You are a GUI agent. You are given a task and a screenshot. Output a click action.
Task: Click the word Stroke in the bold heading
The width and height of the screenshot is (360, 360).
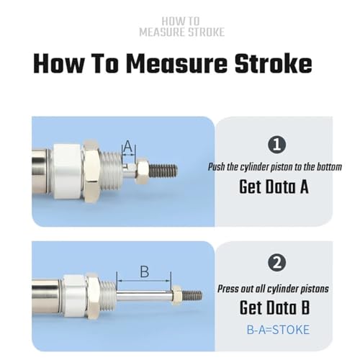pos(273,64)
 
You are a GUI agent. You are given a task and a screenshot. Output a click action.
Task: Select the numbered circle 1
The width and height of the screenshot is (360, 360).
pos(276,145)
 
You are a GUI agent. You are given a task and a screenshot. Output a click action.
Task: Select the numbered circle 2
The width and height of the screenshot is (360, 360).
pos(276,262)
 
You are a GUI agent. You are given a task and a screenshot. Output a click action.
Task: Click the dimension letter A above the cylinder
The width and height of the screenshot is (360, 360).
pos(128,146)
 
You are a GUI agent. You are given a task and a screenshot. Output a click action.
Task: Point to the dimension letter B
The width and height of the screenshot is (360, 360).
pos(145,271)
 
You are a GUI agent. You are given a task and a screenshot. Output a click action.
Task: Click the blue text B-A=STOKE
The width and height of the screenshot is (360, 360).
pos(278,330)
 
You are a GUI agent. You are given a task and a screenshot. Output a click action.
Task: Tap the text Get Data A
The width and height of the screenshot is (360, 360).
pos(274,186)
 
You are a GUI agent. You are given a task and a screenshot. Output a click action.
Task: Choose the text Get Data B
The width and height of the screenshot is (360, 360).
pos(274,307)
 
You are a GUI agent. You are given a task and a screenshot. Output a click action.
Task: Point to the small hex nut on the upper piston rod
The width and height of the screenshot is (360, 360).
pos(143,171)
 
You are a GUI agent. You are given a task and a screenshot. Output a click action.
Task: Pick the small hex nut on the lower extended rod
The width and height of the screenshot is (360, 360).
pos(176,295)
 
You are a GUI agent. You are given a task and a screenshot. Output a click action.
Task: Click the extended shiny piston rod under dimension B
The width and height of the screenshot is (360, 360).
pos(144,296)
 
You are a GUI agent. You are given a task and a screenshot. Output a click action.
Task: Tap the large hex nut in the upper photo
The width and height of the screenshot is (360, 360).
pos(91,171)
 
